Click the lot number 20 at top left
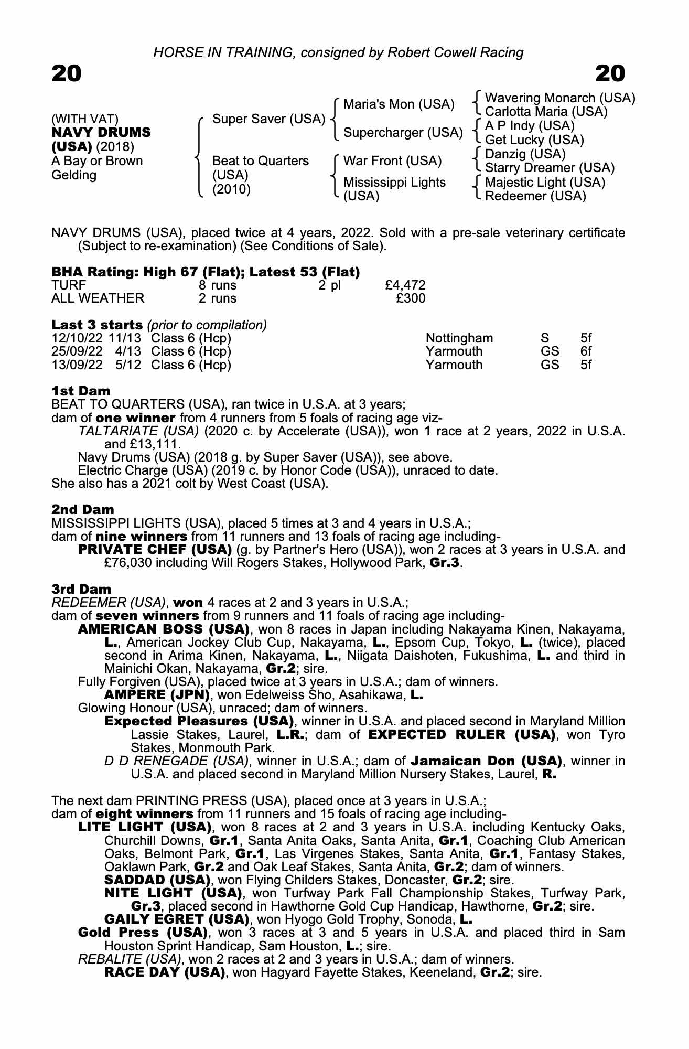coord(67,74)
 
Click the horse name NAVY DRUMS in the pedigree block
coord(101,133)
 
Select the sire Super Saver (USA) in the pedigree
coord(268,119)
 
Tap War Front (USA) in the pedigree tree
coord(392,161)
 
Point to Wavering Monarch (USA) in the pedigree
coord(560,98)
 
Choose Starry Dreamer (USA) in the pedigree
coord(550,168)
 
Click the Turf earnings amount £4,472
coord(405,285)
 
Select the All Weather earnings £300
coord(411,299)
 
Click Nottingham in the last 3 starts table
coord(459,338)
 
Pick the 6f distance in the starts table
coord(586,351)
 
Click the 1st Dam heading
coord(81,391)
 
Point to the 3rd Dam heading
coord(81,590)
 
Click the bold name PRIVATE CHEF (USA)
coord(155,550)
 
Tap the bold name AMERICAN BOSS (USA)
coord(163,629)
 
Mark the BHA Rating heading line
coord(206,272)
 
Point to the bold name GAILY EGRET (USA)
coord(176,919)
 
